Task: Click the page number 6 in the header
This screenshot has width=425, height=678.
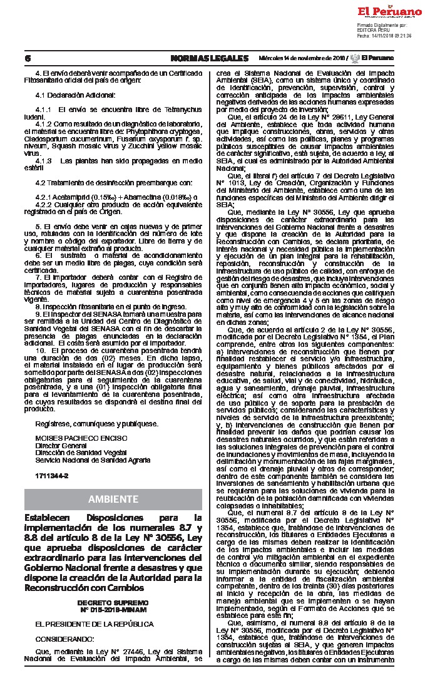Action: [28, 58]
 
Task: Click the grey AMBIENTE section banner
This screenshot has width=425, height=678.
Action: [113, 498]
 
